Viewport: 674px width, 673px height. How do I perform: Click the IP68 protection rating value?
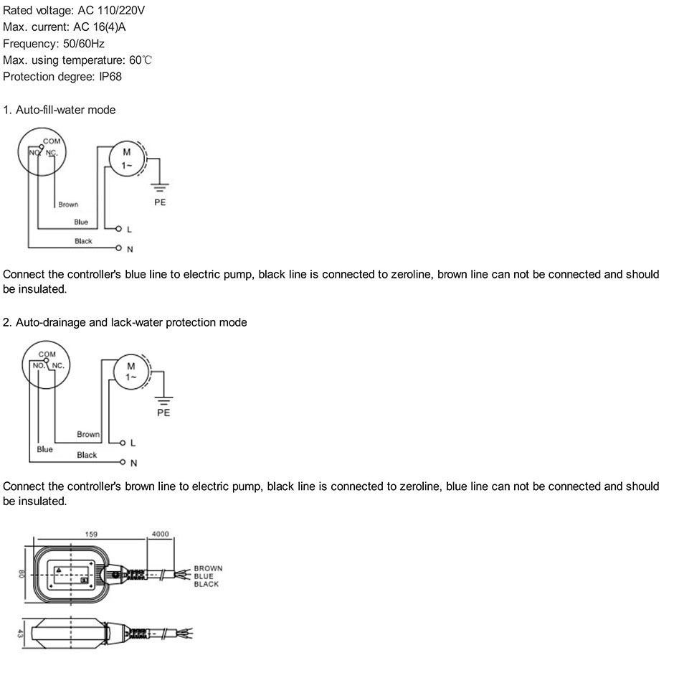110,77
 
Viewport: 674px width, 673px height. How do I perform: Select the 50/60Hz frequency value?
84,44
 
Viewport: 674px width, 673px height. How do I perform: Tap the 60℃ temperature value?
141,60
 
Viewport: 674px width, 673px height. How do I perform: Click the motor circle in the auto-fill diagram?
127,159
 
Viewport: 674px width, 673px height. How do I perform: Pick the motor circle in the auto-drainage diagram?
130,372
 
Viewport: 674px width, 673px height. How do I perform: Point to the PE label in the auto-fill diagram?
160,202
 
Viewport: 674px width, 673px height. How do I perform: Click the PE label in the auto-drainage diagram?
163,413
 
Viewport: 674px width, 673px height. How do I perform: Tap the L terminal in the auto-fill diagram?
118,229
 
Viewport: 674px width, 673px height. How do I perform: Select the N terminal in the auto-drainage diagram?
123,462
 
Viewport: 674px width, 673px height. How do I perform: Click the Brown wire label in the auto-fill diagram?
68,204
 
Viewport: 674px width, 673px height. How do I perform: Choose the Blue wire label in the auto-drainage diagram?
44,449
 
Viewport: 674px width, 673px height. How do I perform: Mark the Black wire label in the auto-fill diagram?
83,241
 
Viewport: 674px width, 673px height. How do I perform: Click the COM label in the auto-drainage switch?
47,354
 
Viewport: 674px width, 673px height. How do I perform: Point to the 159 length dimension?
91,534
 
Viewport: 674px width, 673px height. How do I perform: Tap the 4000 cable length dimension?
161,534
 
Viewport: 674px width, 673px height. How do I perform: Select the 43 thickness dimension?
20,634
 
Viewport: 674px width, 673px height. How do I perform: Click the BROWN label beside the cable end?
208,568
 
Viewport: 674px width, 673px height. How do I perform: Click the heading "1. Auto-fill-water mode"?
60,110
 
